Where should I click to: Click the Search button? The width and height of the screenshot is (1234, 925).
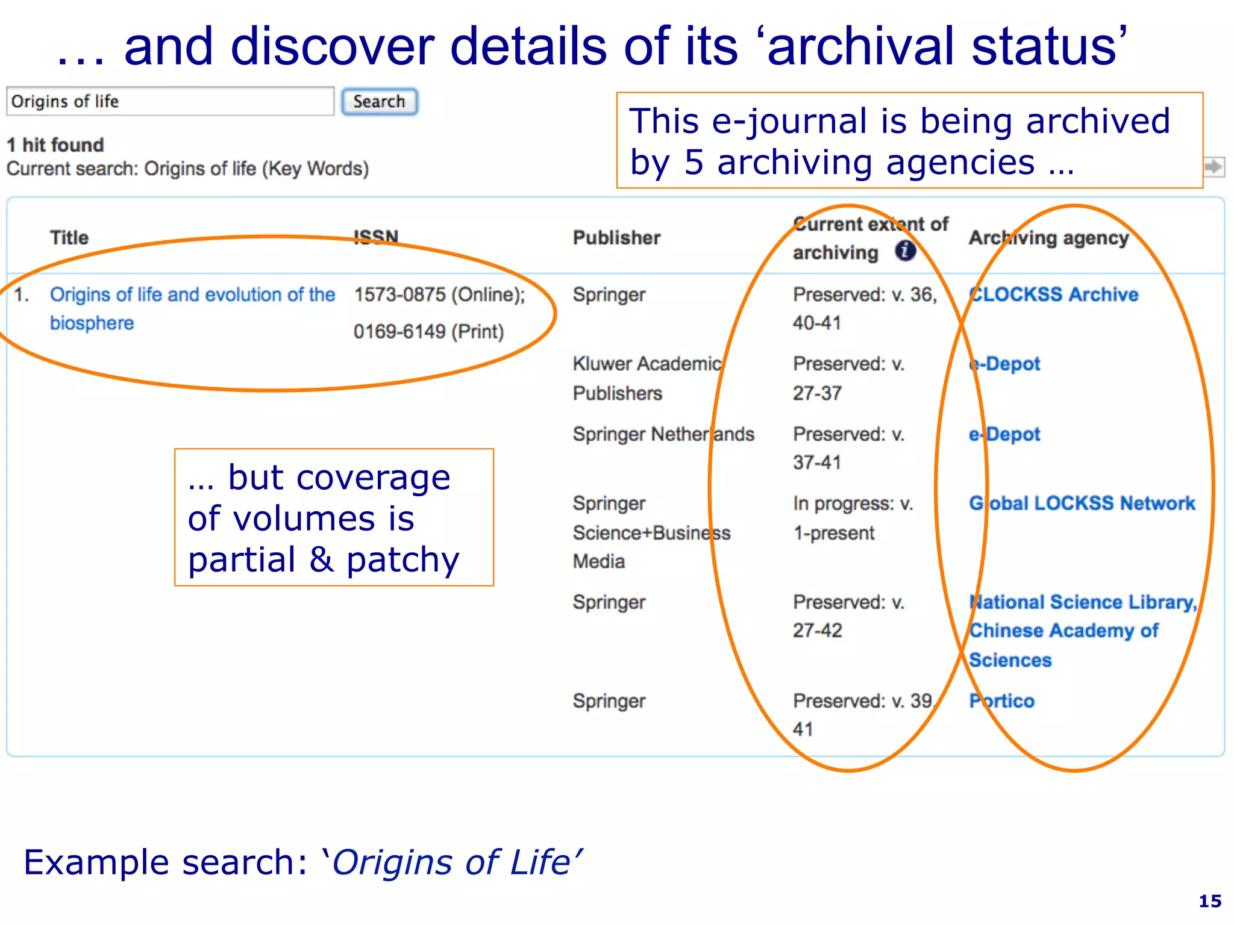pos(379,101)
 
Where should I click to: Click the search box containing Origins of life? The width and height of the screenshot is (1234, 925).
pos(170,101)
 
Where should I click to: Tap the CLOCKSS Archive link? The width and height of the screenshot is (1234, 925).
pos(1053,294)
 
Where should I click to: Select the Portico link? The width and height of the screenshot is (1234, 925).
pos(1001,701)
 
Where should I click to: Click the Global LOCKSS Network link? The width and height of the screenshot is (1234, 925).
pos(1082,503)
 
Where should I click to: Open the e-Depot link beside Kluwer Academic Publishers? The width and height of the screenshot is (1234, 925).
pos(1004,364)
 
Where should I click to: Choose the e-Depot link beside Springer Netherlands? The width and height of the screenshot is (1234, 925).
pos(1004,434)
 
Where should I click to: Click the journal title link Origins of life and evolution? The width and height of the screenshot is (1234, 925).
pos(192,295)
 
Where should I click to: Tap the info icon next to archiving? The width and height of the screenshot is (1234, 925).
pos(905,251)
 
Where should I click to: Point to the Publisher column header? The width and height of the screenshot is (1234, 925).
pos(616,238)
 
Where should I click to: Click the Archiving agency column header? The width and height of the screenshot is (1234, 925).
pos(1048,238)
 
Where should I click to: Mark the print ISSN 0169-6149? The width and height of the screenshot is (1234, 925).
pos(428,332)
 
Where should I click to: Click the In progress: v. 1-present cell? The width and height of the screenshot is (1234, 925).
pos(852,518)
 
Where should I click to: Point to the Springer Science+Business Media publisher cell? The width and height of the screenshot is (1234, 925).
pos(651,532)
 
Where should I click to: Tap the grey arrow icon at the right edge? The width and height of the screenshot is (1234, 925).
pos(1214,166)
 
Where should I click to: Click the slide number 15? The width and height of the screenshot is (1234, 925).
pos(1210,901)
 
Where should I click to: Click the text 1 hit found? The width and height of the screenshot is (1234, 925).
pos(55,145)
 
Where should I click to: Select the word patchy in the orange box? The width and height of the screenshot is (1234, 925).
pos(402,560)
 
